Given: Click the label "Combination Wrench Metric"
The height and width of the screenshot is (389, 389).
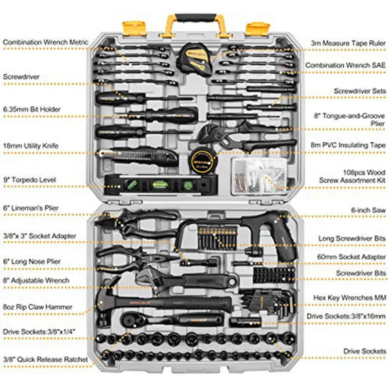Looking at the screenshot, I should point(46,43).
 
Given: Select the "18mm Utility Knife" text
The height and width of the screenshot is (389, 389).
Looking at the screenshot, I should point(31,145).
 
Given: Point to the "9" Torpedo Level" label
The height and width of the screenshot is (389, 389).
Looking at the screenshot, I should point(30,180).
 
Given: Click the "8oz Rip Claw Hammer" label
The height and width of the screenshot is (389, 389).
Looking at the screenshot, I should point(37,307).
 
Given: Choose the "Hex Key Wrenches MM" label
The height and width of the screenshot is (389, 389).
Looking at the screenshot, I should point(350,297).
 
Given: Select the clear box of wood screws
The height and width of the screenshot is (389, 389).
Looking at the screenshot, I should point(258,175).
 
